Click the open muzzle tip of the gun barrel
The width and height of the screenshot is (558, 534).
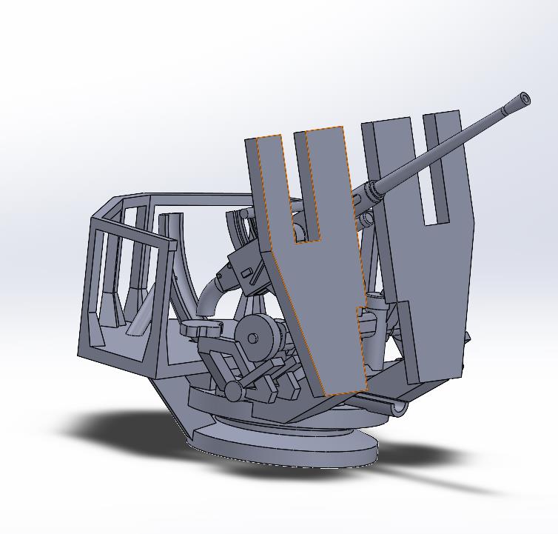[525, 99]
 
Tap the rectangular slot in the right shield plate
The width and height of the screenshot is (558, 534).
[434, 170]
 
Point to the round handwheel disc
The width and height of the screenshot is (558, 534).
[259, 337]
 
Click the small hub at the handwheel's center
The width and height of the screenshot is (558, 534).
[252, 338]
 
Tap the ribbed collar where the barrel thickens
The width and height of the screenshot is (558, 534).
[370, 194]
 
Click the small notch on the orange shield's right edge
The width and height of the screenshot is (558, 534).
[360, 312]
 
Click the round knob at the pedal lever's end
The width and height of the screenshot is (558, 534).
[233, 390]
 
